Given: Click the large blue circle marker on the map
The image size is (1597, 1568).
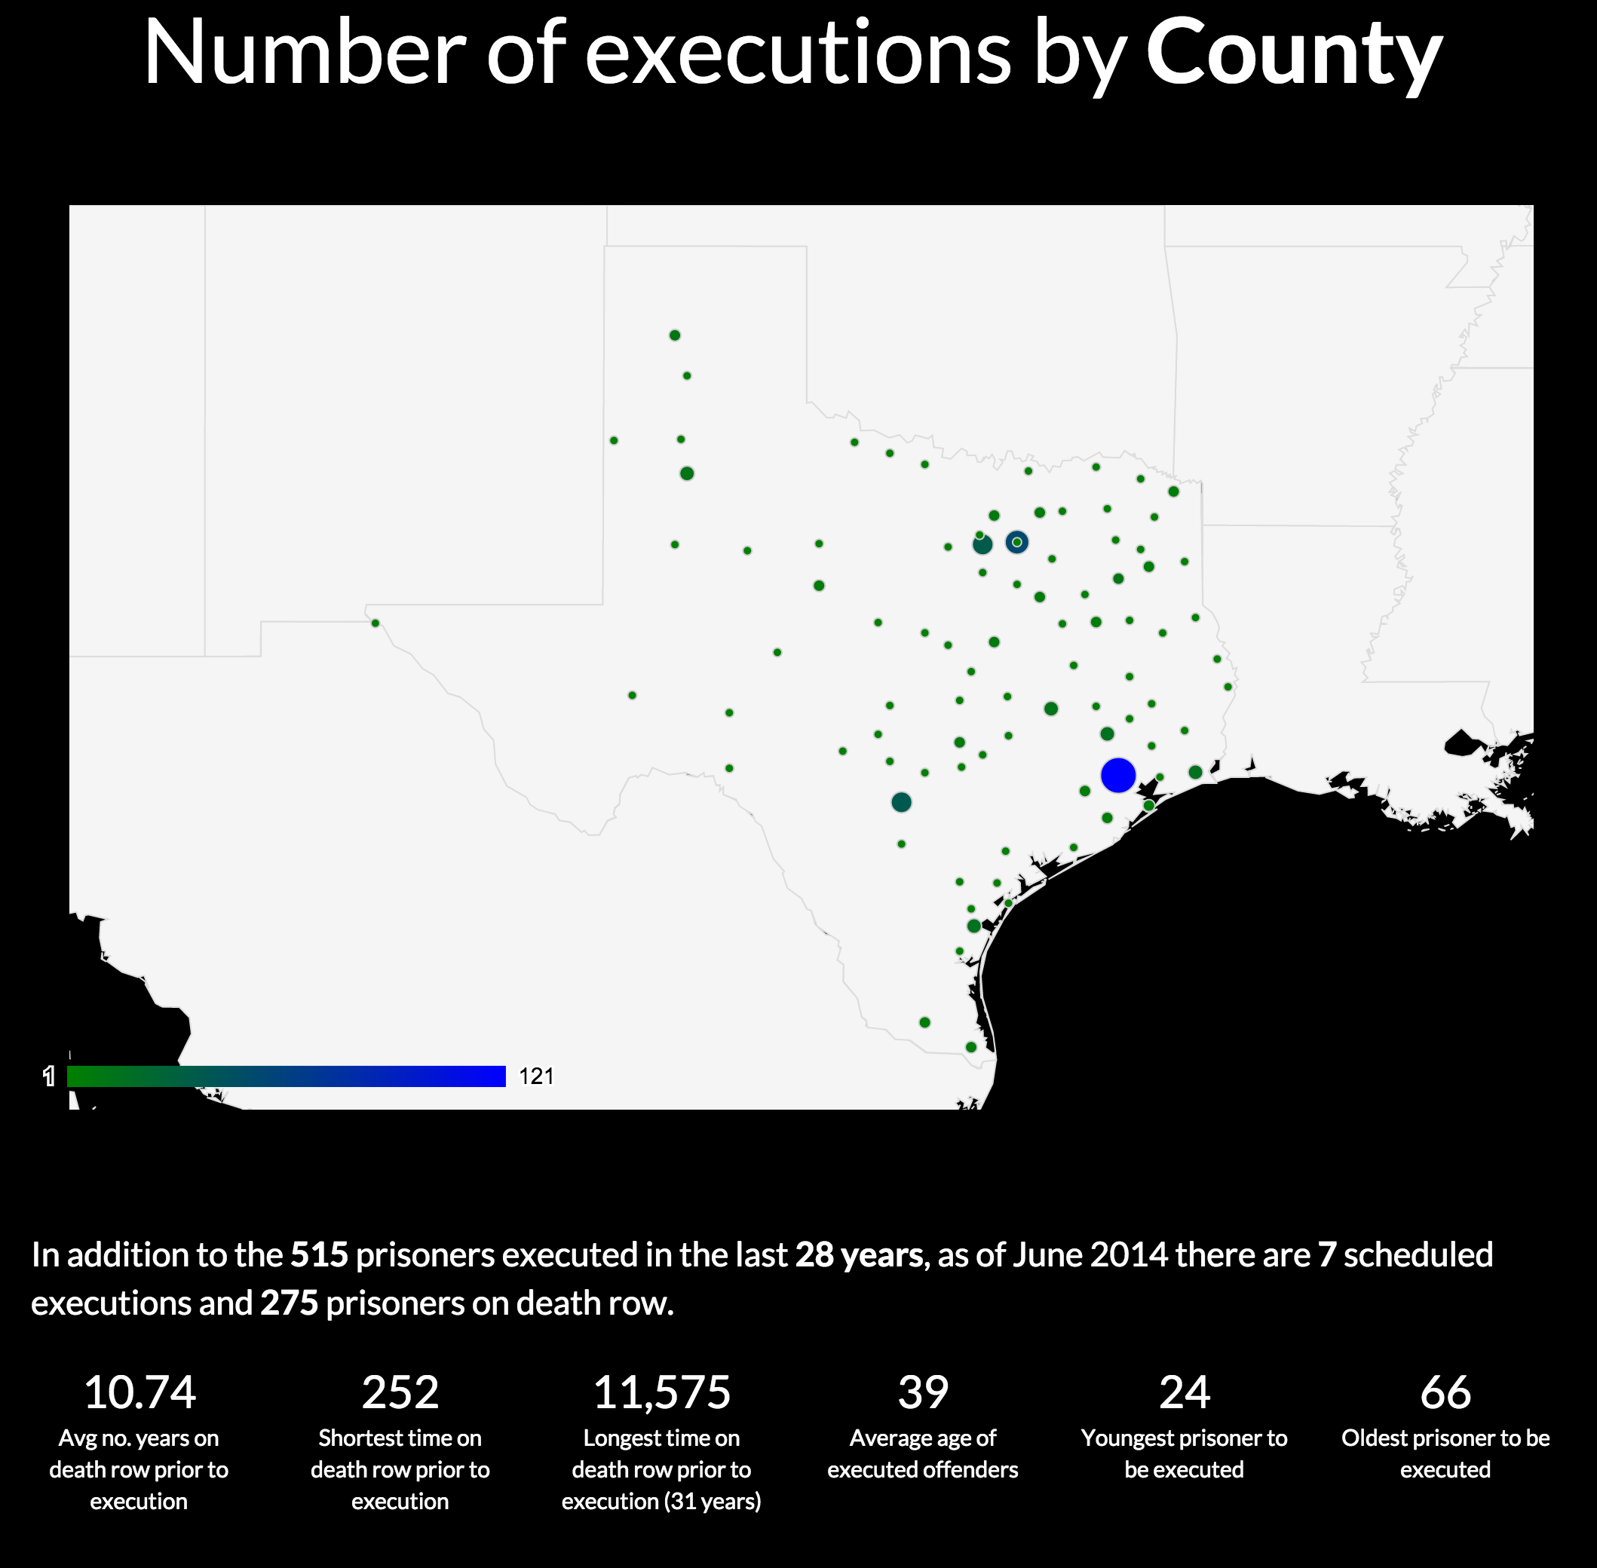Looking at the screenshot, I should point(1117,775).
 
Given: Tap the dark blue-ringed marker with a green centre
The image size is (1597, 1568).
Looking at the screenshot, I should point(1016,542).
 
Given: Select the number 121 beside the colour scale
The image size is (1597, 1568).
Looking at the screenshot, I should point(536,1076).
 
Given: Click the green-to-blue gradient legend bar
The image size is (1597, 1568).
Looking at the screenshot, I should point(286,1076).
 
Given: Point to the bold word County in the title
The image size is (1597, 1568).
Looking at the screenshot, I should point(1293,54).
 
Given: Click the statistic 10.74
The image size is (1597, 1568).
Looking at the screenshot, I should point(139,1392).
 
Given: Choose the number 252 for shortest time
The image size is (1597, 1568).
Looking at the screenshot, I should point(400,1392).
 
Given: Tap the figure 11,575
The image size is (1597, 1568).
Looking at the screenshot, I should point(661,1392).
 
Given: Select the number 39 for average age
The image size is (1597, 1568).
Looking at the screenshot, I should point(922,1392).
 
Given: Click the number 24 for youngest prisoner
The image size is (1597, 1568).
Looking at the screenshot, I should point(1184,1392).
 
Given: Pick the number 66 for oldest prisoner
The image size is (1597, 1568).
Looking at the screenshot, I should point(1445,1392).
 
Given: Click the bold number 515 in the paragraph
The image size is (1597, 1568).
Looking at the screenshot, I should point(319,1254).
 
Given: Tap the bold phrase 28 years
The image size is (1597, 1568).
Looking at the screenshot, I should point(858,1254).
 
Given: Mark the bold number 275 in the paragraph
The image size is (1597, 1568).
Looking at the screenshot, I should point(289,1303).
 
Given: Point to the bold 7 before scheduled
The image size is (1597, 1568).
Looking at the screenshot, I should point(1326,1254).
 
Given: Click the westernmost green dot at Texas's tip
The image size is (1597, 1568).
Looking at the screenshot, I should point(375,623).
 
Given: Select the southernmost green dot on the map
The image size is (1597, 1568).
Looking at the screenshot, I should point(971,1046).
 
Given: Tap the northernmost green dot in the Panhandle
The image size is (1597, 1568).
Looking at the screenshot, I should point(675,335).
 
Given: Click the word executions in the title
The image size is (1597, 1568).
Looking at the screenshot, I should point(797,54).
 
